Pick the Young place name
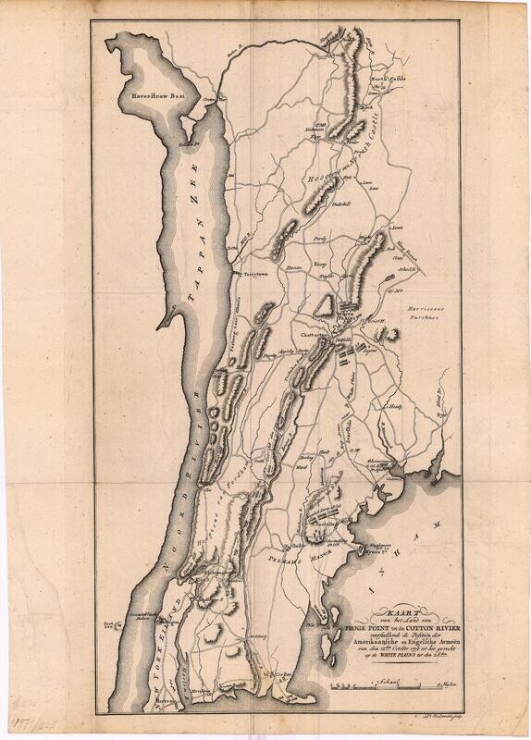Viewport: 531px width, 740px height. (323, 262)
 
